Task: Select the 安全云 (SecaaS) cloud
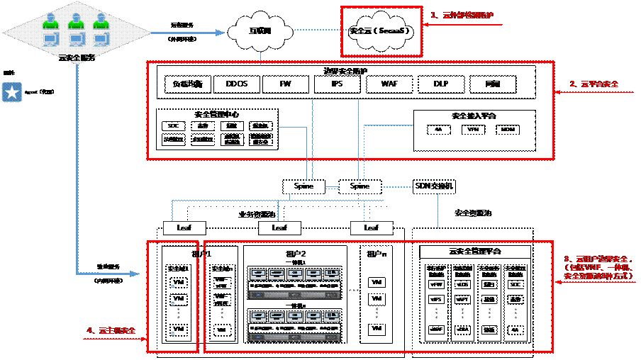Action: coord(380,32)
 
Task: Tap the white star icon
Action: coord(11,92)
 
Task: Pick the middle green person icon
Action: coord(77,21)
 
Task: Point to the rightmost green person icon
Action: coord(101,21)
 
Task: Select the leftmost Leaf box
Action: coord(183,227)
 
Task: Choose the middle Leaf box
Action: coord(279,227)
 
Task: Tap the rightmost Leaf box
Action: coord(372,227)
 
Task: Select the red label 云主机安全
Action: coord(111,330)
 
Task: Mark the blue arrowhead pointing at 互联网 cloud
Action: coord(221,32)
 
